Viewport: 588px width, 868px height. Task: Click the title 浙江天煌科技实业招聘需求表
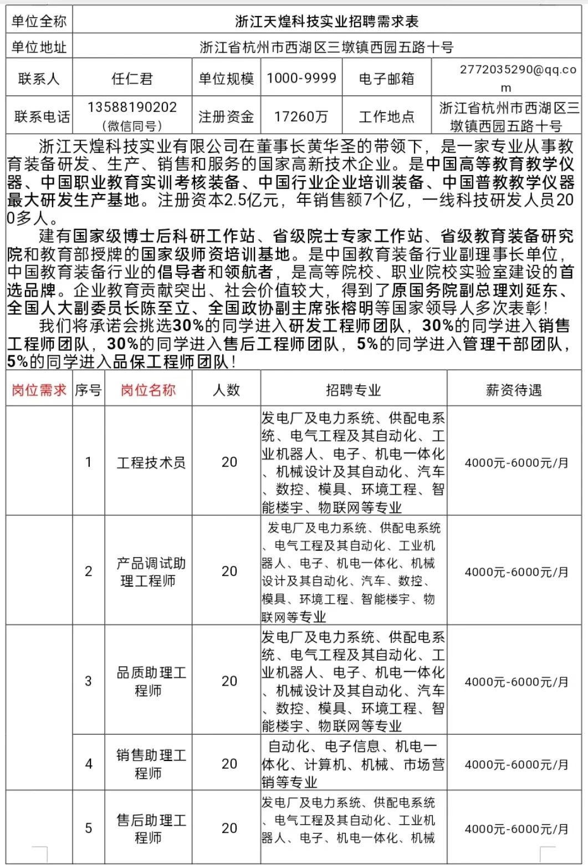coord(326,22)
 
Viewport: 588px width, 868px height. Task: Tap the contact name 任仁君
coord(132,79)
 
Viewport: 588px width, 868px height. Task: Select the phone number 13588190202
coord(132,107)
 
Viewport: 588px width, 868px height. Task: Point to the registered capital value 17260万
coord(301,116)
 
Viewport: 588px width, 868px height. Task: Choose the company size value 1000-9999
coord(301,78)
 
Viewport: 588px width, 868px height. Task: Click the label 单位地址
coord(39,48)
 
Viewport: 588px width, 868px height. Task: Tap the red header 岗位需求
coord(39,390)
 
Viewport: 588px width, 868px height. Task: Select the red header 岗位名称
coord(148,390)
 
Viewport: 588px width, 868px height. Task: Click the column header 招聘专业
coord(353,390)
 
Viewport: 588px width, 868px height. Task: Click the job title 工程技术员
coord(151,462)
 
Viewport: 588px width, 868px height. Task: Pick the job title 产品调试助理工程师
coord(151,572)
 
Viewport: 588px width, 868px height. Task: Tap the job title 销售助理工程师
coord(151,764)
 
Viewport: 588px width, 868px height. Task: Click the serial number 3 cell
coord(88,681)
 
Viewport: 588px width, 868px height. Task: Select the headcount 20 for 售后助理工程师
coord(229,828)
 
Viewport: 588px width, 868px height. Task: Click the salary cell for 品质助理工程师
coord(517,682)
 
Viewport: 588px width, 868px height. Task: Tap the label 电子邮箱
coord(386,79)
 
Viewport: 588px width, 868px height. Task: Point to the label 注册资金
coord(226,116)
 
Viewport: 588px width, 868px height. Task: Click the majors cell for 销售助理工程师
coord(353,764)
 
